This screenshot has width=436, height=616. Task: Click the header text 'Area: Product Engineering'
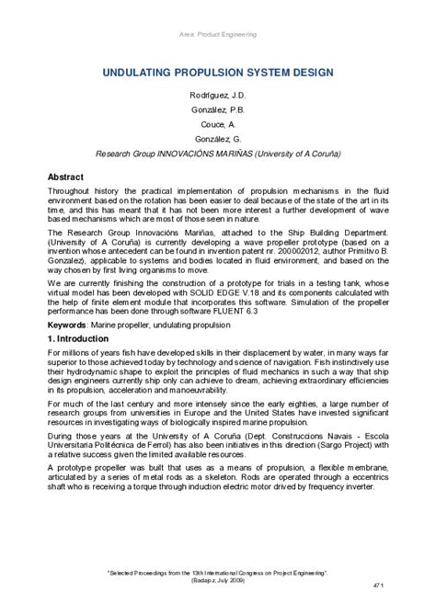[218, 34]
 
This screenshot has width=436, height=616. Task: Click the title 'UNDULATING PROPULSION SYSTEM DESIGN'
[218, 71]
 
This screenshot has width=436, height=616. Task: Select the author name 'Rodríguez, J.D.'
[218, 97]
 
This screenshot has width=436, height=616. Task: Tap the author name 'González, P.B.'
[218, 110]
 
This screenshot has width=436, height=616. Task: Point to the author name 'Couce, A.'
[218, 125]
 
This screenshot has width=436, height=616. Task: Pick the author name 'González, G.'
[218, 140]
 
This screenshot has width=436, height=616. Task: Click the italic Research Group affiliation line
[218, 154]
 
